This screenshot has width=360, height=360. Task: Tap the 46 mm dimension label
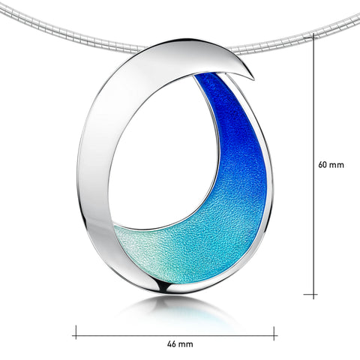(x=175, y=343)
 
